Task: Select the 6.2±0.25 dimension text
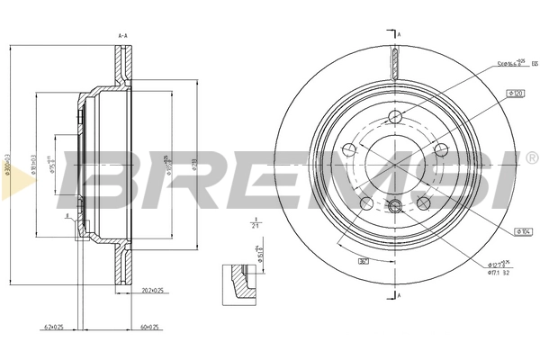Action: [55, 327]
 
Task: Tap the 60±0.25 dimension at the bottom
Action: [148, 327]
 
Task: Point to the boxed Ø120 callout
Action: [517, 94]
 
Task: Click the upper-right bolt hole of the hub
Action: [441, 150]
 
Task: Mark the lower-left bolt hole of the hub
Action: [366, 204]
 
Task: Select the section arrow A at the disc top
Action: [399, 33]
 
